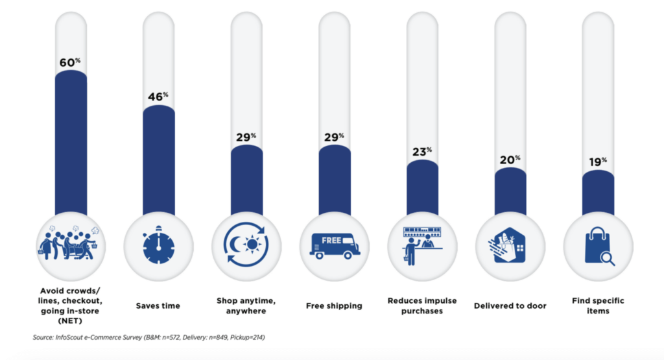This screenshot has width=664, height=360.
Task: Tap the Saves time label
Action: tap(158, 306)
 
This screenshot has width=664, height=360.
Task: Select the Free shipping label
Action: tap(335, 306)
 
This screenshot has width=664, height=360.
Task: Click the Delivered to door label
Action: tap(510, 306)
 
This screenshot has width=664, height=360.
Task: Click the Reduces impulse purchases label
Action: tap(422, 306)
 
